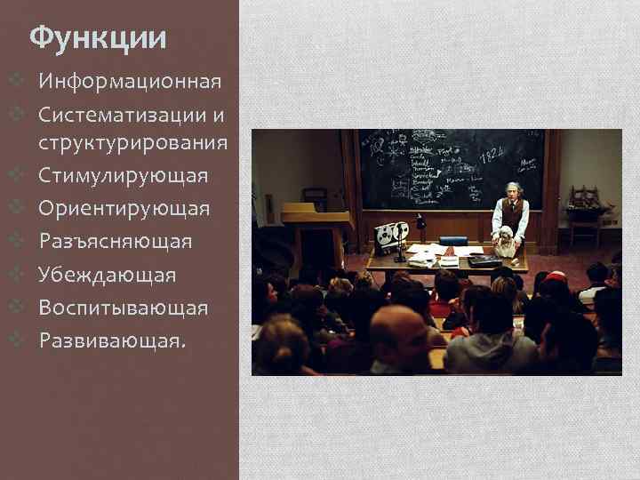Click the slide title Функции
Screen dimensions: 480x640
pos(98,38)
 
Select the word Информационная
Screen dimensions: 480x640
pos(129,83)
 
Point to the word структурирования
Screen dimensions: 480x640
pos(132,142)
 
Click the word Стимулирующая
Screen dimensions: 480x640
pos(124,175)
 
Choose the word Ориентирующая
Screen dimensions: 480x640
pos(124,208)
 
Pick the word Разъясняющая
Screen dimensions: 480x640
pos(116,241)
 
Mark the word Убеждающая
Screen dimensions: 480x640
pos(108,275)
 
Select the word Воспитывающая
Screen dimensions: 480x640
pos(124,308)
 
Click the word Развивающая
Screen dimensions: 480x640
pos(111,341)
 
